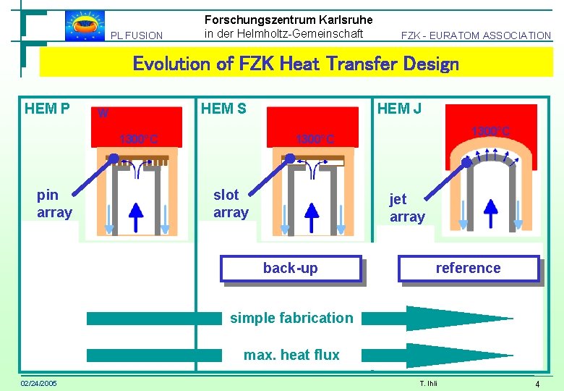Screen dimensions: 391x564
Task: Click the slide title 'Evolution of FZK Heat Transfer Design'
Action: pos(296,64)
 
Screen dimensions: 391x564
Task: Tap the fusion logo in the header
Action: pos(85,25)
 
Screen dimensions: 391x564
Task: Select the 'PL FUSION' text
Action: pos(137,35)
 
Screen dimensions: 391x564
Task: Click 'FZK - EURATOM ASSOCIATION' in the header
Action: pos(477,35)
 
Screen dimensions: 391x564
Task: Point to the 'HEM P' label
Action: pos(47,109)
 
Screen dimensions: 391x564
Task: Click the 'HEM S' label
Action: pos(223,109)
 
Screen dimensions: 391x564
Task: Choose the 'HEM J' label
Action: pos(400,109)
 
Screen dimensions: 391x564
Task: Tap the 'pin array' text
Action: pos(54,203)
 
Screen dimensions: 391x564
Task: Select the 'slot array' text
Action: pos(231,203)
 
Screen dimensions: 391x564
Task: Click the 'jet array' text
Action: pos(407,208)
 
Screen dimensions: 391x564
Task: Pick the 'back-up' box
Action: pos(290,268)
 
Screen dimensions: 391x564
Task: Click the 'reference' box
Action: pos(468,268)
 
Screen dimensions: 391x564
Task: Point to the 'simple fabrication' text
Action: pos(291,317)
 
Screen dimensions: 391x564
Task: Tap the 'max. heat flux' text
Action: pos(291,354)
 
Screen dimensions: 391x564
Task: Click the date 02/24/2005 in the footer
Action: pos(39,382)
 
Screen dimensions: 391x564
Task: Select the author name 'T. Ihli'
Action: pos(429,383)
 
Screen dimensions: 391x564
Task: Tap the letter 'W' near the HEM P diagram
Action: pos(103,113)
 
